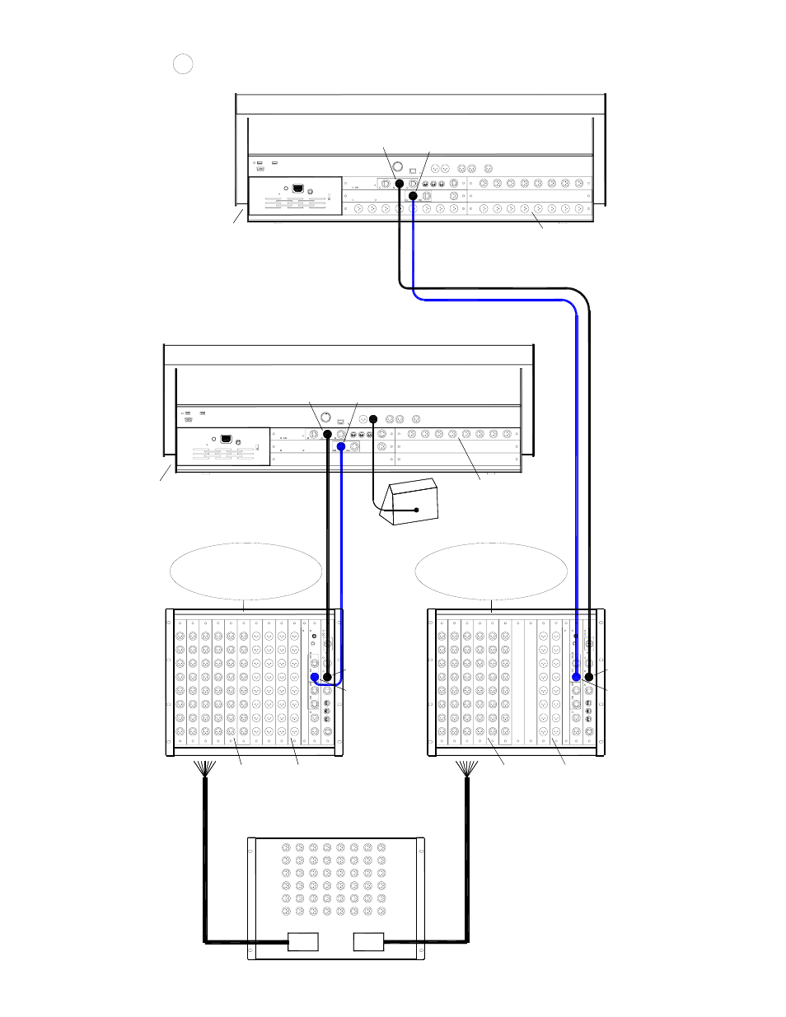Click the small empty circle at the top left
tap(183, 63)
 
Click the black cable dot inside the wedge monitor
tap(417, 511)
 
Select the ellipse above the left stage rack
tap(246, 571)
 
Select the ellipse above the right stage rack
tap(491, 571)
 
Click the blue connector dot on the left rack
tap(315, 677)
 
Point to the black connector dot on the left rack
tap(328, 677)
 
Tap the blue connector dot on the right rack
tap(577, 677)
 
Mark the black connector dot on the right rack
tap(589, 677)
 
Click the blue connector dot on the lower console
tap(341, 446)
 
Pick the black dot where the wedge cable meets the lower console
tap(372, 419)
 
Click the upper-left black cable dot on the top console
tap(400, 183)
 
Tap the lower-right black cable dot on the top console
tap(414, 196)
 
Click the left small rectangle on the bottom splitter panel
tap(302, 941)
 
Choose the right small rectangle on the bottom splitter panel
tap(368, 941)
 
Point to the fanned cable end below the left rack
tap(204, 768)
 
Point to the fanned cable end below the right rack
tap(467, 768)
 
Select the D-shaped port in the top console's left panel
tap(297, 188)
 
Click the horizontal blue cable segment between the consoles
tap(494, 300)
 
